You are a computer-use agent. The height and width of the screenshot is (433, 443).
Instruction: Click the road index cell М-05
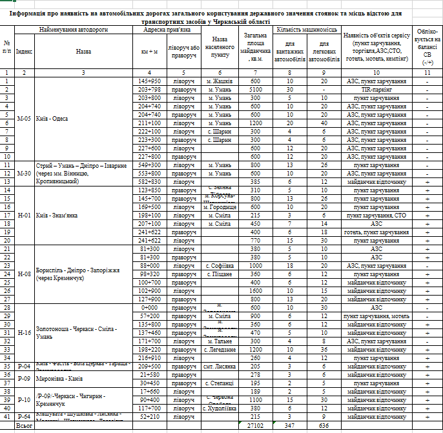[x=24, y=118]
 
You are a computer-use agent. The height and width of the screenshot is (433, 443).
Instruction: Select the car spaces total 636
[x=324, y=426]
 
